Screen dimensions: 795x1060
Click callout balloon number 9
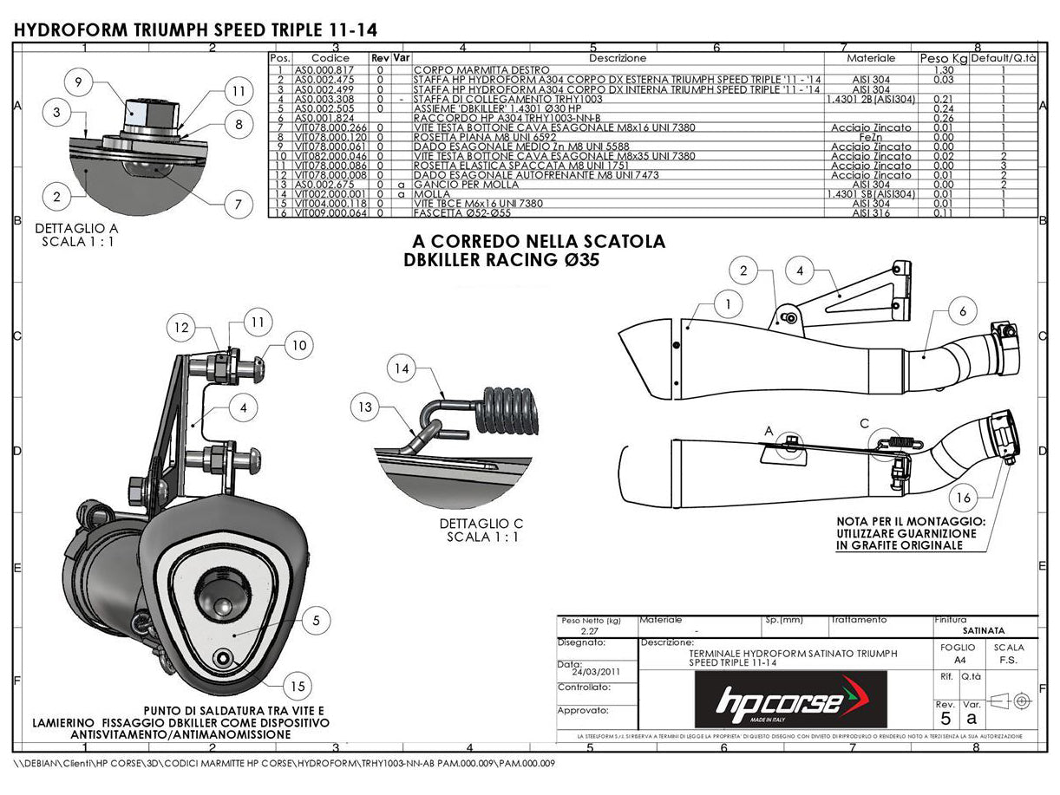coord(78,82)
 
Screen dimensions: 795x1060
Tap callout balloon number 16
coord(965,498)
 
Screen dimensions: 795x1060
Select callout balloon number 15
coord(298,686)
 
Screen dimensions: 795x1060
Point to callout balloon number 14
coord(401,369)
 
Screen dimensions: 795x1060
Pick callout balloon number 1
coord(729,304)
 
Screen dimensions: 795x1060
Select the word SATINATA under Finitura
coord(984,631)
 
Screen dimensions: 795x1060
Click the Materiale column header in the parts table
coord(871,58)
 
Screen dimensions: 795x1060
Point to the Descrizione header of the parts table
coord(618,58)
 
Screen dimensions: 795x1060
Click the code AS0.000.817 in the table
coord(324,69)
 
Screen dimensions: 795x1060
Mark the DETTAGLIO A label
coord(77,229)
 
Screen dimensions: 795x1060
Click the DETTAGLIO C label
coord(482,524)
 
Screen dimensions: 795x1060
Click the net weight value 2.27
coord(591,631)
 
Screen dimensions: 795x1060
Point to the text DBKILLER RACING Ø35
coord(501,259)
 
